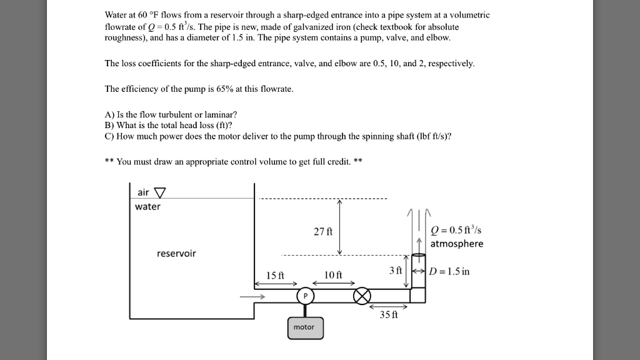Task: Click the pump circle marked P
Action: point(305,296)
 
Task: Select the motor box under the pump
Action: point(305,327)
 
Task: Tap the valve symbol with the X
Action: point(362,296)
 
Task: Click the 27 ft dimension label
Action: point(322,231)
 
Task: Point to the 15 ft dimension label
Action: point(275,276)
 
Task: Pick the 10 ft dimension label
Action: point(334,276)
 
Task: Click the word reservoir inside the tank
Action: point(176,253)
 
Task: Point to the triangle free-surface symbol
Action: point(161,192)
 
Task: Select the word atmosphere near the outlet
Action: point(456,244)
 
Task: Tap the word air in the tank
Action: point(143,192)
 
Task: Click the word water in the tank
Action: point(147,206)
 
